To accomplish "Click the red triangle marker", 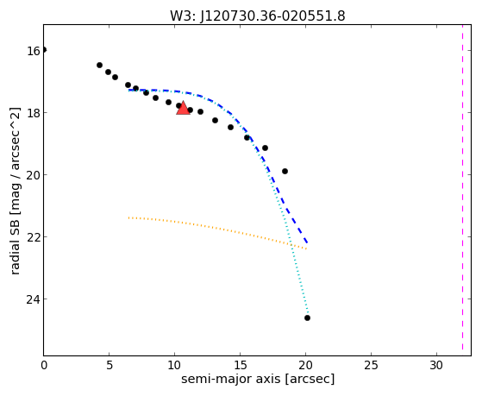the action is (x=183, y=108).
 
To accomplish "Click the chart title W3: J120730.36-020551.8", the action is (x=258, y=16).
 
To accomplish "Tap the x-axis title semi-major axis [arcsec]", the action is (x=258, y=379).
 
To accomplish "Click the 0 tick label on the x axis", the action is (x=44, y=366).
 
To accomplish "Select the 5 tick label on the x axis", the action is (x=110, y=366).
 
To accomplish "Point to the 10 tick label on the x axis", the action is (x=174, y=366).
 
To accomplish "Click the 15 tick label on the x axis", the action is (x=241, y=366).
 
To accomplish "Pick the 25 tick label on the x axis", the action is (x=371, y=366).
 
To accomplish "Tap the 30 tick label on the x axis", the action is (x=436, y=366).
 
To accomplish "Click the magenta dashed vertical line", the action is (x=462, y=190).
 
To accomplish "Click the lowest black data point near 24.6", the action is (x=307, y=317).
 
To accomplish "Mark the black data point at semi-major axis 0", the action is (x=44, y=50).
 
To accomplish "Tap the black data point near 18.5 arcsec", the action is (x=285, y=171).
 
